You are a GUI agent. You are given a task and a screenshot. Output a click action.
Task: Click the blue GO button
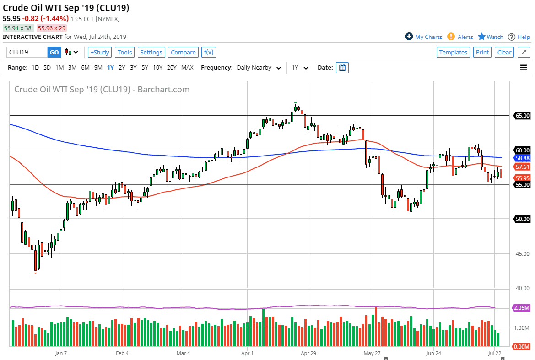pyautogui.click(x=54, y=52)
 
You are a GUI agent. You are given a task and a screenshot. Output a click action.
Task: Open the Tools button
pyautogui.click(x=124, y=52)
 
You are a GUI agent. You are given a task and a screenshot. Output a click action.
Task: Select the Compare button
pyautogui.click(x=183, y=52)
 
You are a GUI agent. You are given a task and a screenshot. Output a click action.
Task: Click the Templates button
pyautogui.click(x=453, y=52)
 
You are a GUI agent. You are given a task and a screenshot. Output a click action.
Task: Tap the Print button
pyautogui.click(x=482, y=52)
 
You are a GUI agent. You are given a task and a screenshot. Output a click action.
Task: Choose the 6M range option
pyautogui.click(x=85, y=67)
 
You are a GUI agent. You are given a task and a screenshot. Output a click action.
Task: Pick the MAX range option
pyautogui.click(x=187, y=67)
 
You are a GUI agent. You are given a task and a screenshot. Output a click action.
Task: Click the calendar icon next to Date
pyautogui.click(x=342, y=68)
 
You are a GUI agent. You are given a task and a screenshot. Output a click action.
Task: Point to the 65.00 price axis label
pyautogui.click(x=522, y=115)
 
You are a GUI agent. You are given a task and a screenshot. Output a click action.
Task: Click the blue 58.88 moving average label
pyautogui.click(x=522, y=158)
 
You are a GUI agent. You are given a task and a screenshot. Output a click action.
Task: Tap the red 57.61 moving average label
pyautogui.click(x=522, y=167)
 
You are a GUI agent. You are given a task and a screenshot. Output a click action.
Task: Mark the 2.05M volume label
pyautogui.click(x=522, y=308)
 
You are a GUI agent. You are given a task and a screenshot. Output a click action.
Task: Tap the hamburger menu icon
pyautogui.click(x=524, y=68)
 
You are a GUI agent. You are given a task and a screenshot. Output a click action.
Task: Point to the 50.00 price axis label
pyautogui.click(x=522, y=219)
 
